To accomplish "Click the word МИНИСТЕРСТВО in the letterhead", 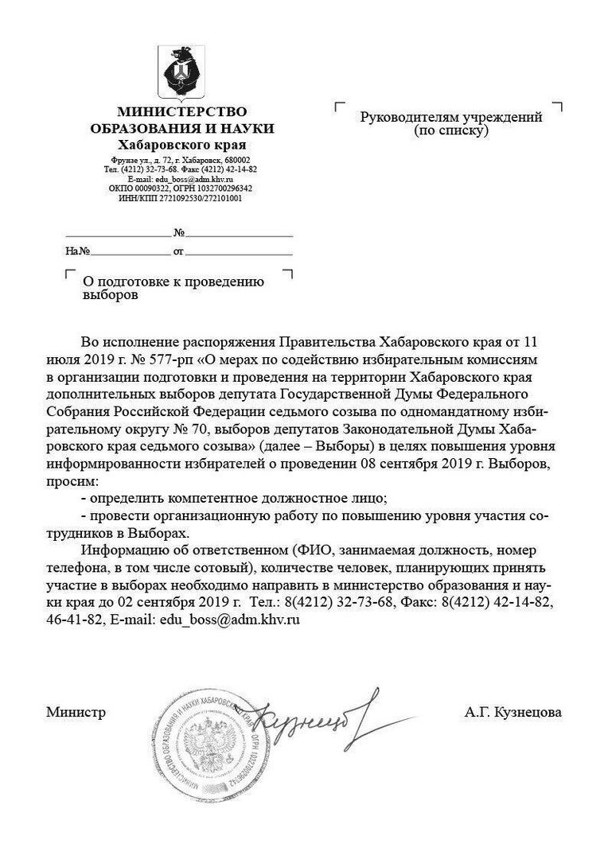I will pos(181,111).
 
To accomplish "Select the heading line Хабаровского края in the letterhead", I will pos(181,145).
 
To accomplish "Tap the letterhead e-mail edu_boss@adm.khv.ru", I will pos(181,179).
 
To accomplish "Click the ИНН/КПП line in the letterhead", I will pos(181,197).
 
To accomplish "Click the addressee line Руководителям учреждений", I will pos(451,117).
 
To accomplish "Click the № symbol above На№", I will pos(179,234).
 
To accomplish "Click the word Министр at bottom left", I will pos(76,713).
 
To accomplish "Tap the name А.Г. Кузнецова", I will pos(513,713).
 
